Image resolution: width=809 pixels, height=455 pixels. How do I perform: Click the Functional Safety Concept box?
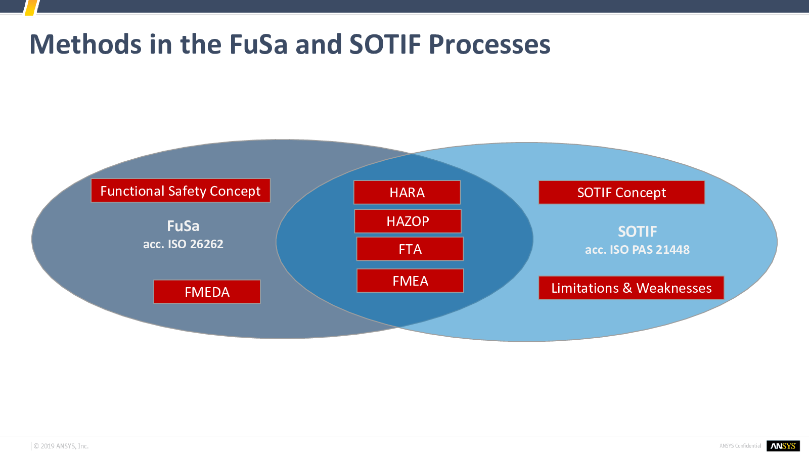(x=181, y=190)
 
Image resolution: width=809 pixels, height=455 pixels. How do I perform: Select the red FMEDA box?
(x=207, y=291)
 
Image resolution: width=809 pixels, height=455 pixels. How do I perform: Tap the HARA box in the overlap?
(x=407, y=192)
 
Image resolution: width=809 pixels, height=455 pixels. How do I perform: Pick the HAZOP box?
(x=408, y=221)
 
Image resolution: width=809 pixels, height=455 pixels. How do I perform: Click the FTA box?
(x=410, y=249)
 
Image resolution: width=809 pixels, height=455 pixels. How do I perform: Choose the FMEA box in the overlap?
(x=410, y=281)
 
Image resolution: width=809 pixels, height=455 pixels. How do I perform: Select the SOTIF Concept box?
(x=621, y=192)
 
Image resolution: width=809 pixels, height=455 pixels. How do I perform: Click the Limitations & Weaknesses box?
(x=632, y=288)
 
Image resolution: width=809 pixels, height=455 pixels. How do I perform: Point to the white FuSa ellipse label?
(x=183, y=226)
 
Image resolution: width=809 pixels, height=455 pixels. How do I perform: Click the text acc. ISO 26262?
(x=183, y=244)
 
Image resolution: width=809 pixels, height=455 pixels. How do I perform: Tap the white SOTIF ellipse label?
(x=638, y=232)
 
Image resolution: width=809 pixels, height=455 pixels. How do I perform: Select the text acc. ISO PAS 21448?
(x=638, y=250)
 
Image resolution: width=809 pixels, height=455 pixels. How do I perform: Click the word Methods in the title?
(x=85, y=44)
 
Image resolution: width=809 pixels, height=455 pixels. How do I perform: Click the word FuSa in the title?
(x=258, y=44)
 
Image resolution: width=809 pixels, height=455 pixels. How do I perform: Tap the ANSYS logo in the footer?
(x=783, y=446)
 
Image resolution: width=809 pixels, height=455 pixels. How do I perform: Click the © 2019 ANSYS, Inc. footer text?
(x=61, y=446)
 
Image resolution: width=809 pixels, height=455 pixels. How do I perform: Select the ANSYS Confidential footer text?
(x=740, y=446)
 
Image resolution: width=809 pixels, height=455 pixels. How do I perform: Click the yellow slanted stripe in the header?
(x=31, y=8)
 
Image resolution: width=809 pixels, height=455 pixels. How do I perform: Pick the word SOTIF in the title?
(x=385, y=44)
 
